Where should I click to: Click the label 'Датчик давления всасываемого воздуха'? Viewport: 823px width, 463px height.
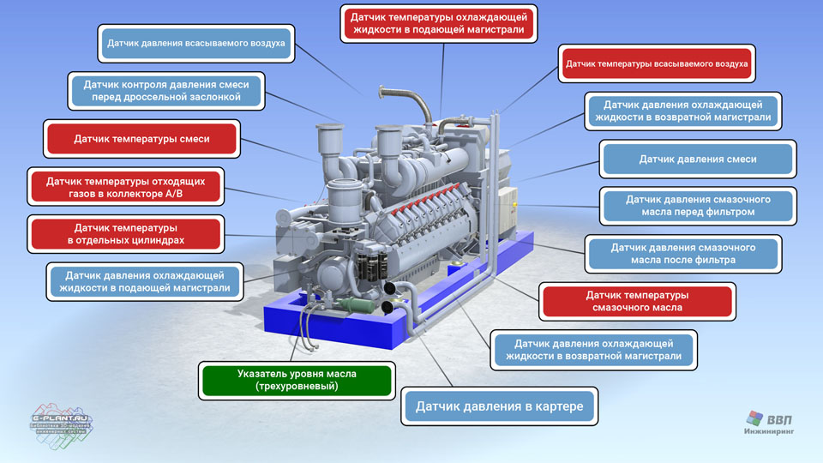(x=195, y=44)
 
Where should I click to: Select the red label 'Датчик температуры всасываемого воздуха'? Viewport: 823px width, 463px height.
(x=657, y=63)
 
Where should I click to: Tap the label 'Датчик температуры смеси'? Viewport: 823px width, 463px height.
(x=141, y=139)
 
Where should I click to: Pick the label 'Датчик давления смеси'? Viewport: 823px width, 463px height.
(x=698, y=159)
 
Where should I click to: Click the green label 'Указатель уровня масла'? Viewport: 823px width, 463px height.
(x=297, y=380)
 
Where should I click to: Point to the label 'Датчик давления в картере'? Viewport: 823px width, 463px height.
(x=499, y=406)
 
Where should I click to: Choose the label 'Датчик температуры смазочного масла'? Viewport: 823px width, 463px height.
(x=637, y=301)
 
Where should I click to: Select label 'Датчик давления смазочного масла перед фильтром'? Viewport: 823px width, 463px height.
(x=698, y=206)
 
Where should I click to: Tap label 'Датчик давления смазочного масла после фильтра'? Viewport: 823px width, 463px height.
(x=683, y=254)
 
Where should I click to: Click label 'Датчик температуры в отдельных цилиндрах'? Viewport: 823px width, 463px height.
(x=125, y=234)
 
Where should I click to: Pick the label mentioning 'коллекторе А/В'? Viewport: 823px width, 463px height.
(x=125, y=187)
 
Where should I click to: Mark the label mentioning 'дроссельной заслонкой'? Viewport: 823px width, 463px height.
(x=165, y=91)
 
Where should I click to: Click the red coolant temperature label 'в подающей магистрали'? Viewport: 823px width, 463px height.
(x=439, y=24)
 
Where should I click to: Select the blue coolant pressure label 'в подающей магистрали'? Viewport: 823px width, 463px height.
(x=144, y=282)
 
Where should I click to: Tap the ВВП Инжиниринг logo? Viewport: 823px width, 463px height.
(x=769, y=423)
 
